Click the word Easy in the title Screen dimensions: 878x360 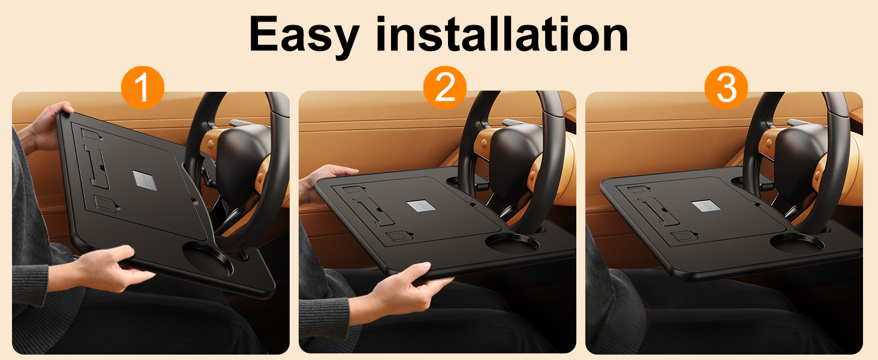pos(304,35)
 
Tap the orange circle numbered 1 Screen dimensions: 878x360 pos(143,88)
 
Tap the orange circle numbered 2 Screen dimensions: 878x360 pos(445,88)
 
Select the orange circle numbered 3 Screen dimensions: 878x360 pos(726,88)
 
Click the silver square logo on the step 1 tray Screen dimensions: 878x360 pos(145,181)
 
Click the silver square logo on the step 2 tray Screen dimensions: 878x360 pos(422,206)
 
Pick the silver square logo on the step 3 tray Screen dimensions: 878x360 pos(706,206)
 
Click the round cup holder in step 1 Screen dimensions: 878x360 pos(208,259)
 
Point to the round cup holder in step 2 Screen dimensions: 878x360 pos(512,244)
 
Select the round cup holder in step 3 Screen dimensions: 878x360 pos(797,244)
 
